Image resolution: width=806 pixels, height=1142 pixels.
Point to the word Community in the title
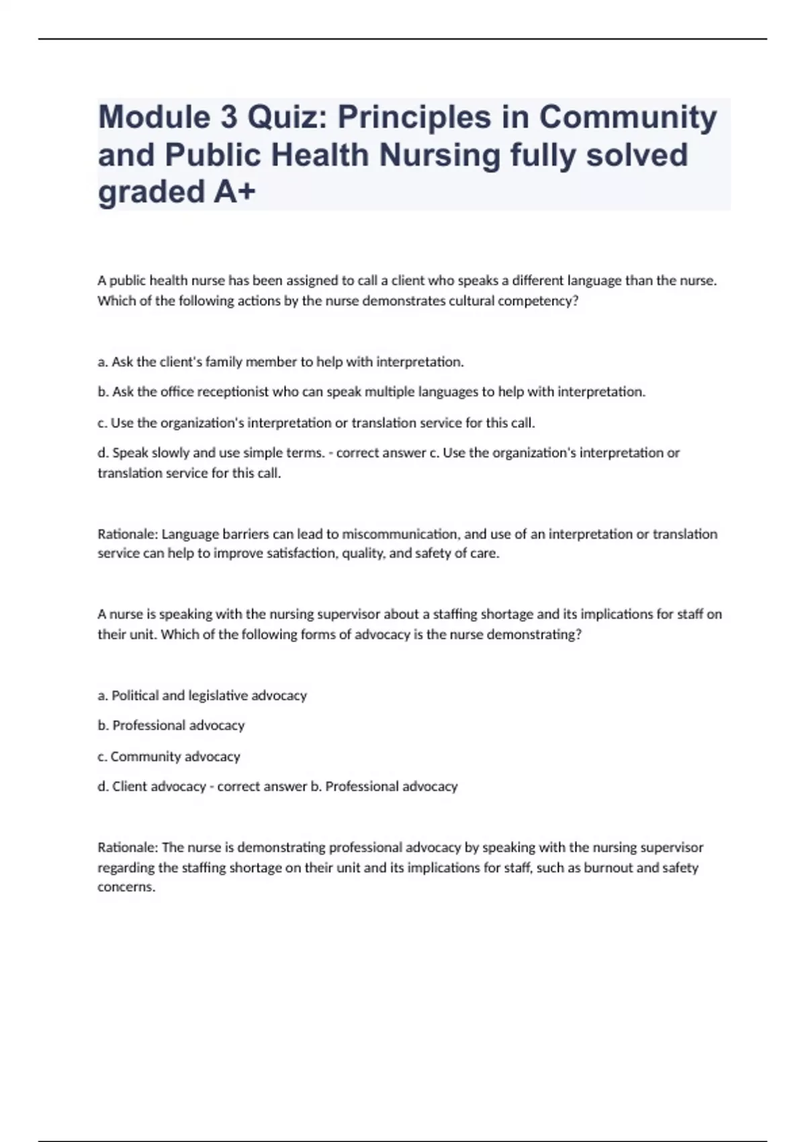(x=628, y=118)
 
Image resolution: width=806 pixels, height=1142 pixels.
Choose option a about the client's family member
(x=281, y=362)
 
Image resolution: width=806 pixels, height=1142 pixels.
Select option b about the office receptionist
(x=371, y=392)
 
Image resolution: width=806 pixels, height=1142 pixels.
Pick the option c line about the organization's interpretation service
(x=316, y=423)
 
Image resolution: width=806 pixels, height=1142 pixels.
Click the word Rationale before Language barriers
(x=127, y=534)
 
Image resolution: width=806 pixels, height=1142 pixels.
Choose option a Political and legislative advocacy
(x=202, y=695)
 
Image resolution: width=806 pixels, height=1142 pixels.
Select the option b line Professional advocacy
(x=171, y=726)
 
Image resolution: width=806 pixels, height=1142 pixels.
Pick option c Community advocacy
(x=169, y=756)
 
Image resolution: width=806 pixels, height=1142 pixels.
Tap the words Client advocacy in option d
(x=159, y=787)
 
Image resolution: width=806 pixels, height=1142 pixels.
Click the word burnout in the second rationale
(x=608, y=867)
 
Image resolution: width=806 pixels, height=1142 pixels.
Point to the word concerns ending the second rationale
(x=126, y=887)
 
